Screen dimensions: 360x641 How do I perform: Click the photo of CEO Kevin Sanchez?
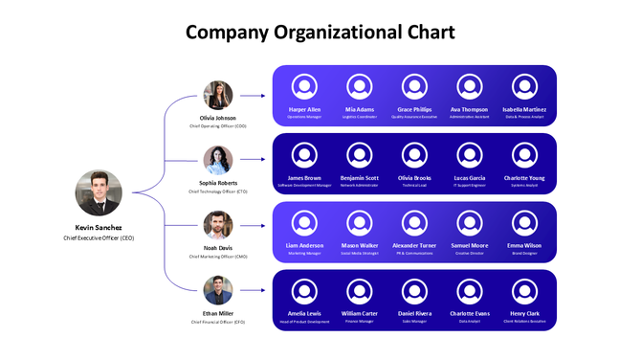[x=99, y=192]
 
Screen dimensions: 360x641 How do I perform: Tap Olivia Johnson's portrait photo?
[x=218, y=96]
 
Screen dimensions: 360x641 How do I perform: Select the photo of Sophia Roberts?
[x=218, y=160]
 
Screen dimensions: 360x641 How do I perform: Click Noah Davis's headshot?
[x=218, y=226]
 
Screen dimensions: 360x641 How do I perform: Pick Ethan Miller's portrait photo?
[x=218, y=289]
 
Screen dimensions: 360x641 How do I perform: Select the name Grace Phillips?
[x=415, y=109]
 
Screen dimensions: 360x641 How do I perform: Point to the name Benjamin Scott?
[x=360, y=177]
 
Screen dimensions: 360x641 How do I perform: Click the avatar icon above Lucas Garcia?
[x=470, y=155]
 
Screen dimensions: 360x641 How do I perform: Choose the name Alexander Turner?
[x=415, y=245]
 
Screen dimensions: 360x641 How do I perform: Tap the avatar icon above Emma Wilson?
[x=524, y=223]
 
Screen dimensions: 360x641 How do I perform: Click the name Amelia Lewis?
[x=304, y=313]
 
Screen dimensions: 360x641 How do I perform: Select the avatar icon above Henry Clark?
[x=524, y=291]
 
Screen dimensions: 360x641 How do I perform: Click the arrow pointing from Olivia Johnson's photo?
[x=252, y=96]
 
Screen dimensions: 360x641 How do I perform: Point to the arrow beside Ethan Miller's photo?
[x=252, y=289]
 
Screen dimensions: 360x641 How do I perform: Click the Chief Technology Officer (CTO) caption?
[x=218, y=191]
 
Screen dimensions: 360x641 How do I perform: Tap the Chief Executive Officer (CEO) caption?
[x=99, y=236]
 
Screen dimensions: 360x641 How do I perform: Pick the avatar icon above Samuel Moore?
[x=470, y=223]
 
